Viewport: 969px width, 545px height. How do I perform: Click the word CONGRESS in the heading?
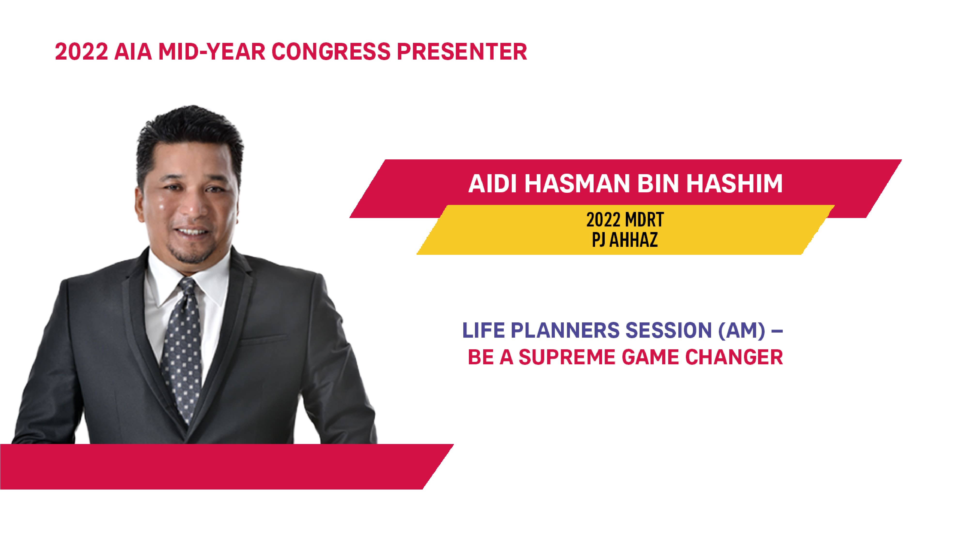click(x=331, y=52)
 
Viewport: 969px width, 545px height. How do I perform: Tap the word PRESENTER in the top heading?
click(x=462, y=52)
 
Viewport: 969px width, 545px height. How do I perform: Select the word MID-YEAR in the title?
click(x=212, y=52)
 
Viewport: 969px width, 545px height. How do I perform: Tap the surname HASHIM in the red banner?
click(x=734, y=184)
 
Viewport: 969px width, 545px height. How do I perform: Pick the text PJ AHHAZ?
click(x=625, y=240)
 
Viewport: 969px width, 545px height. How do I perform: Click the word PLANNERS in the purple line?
click(x=565, y=330)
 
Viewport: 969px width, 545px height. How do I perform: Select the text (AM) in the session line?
click(x=741, y=330)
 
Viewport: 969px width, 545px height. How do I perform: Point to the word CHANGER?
click(x=734, y=357)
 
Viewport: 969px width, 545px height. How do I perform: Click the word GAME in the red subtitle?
click(x=650, y=357)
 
